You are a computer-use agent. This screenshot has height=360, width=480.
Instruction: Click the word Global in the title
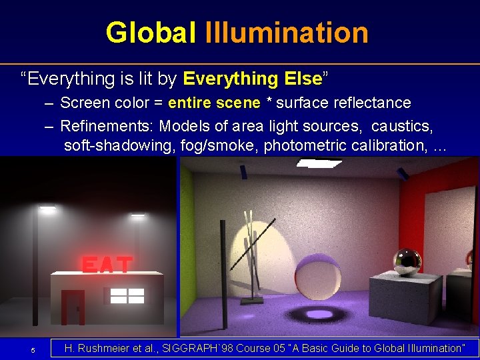click(152, 33)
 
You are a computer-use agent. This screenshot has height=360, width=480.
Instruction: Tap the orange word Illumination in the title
click(287, 33)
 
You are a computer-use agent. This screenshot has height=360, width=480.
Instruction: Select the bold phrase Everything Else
click(252, 79)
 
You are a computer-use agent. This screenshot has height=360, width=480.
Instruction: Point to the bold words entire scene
click(214, 103)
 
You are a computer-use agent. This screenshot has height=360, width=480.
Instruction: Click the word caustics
click(407, 126)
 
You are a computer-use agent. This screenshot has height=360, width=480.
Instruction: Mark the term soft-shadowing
click(119, 145)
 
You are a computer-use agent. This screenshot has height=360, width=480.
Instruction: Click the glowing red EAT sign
click(107, 264)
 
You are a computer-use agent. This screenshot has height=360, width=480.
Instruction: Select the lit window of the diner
click(127, 296)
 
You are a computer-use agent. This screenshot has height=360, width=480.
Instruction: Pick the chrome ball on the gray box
click(406, 261)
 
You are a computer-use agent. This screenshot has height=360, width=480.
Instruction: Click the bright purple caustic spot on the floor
click(319, 314)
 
